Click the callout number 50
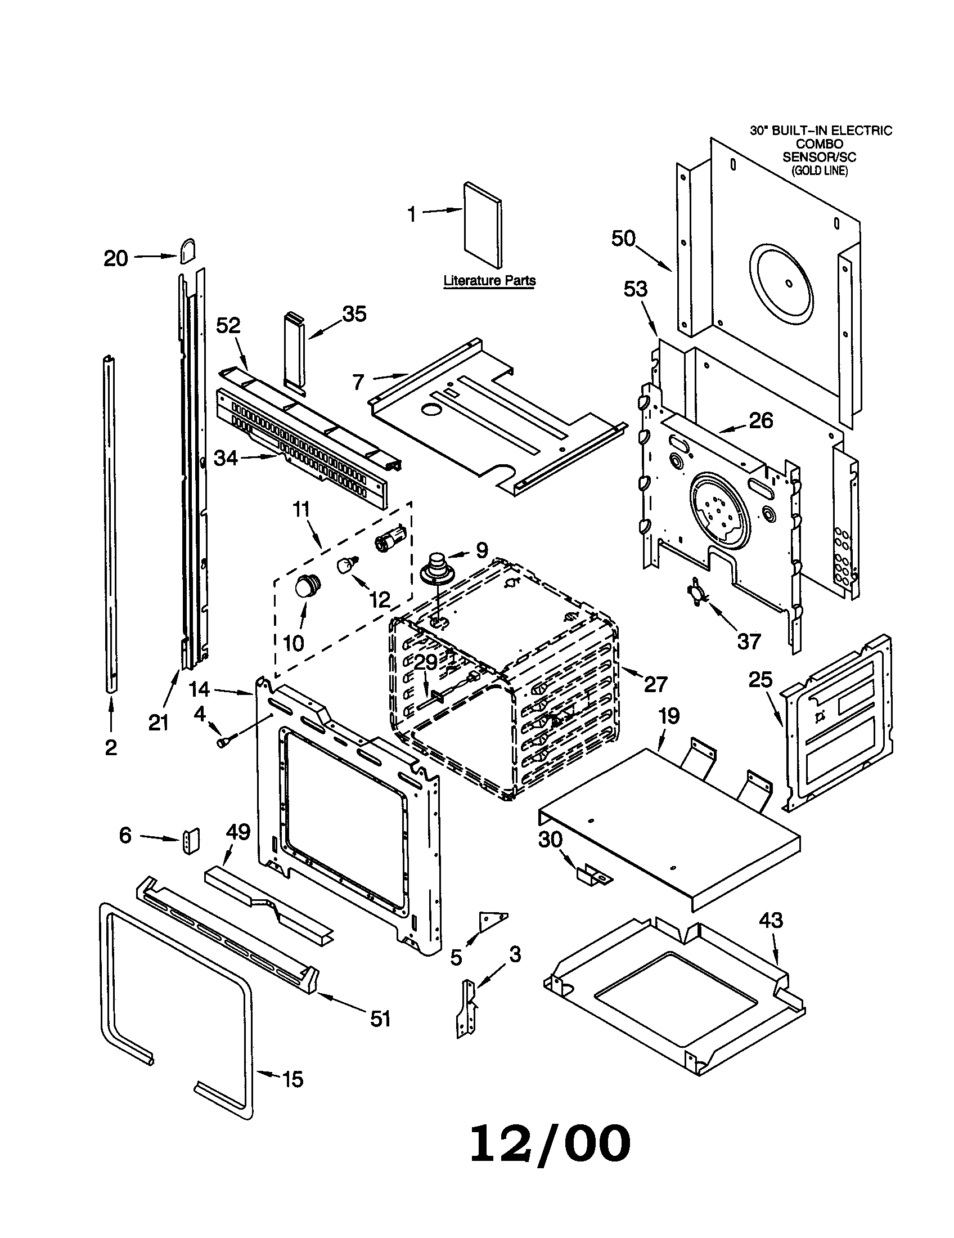[x=623, y=239]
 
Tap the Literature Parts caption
[x=489, y=280]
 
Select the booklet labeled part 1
[x=483, y=225]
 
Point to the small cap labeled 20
[x=187, y=250]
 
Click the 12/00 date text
[x=550, y=1142]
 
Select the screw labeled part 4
[x=223, y=741]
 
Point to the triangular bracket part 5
[x=492, y=919]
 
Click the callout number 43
[x=771, y=920]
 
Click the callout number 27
[x=655, y=684]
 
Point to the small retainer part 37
[x=696, y=592]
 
